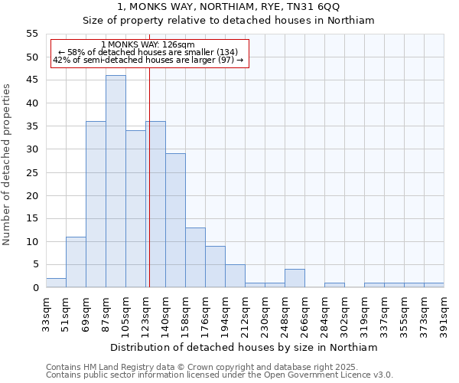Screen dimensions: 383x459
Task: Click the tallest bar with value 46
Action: [x=116, y=182]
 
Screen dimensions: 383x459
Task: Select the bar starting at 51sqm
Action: [x=76, y=262]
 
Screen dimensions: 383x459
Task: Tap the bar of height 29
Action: [x=175, y=221]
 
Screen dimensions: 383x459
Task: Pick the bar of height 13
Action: [x=195, y=257]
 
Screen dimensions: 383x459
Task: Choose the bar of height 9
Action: [x=215, y=267]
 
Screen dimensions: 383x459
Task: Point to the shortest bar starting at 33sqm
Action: [x=56, y=283]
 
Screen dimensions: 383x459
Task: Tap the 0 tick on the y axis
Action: [x=35, y=288]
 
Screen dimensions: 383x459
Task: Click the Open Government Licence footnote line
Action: [x=220, y=375]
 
